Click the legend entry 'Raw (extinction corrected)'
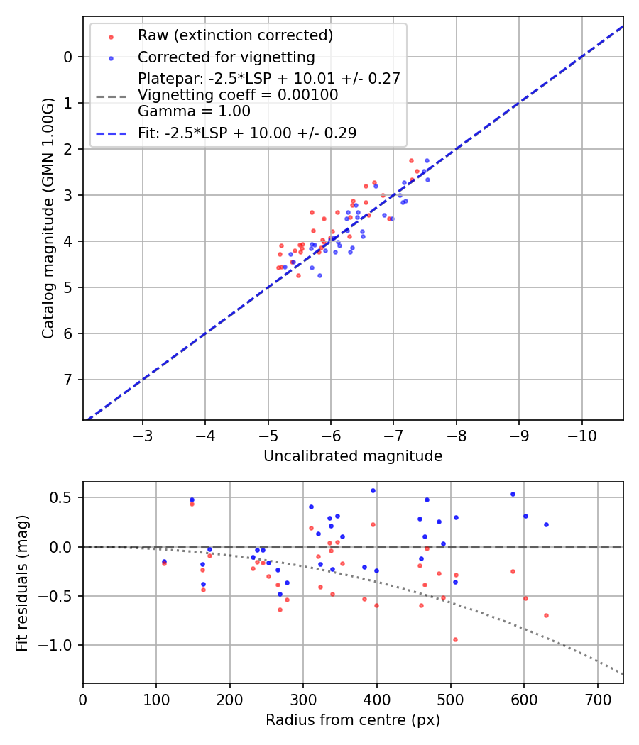pyautogui.click(x=235, y=35)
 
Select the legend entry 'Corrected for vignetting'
pyautogui.click(x=226, y=57)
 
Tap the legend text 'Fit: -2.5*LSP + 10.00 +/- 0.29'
pyautogui.click(x=247, y=133)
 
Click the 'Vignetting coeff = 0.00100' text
pyautogui.click(x=238, y=95)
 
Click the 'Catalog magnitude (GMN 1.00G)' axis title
pyautogui.click(x=48, y=219)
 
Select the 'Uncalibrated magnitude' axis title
pyautogui.click(x=353, y=456)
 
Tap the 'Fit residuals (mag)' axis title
pyautogui.click(x=22, y=583)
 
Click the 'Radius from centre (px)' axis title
pyautogui.click(x=353, y=720)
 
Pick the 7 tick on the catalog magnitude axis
pyautogui.click(x=68, y=380)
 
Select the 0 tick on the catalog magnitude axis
pyautogui.click(x=68, y=57)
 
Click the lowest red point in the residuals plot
pyautogui.click(x=455, y=639)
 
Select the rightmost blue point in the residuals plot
pyautogui.click(x=546, y=525)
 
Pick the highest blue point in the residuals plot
pyautogui.click(x=373, y=490)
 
